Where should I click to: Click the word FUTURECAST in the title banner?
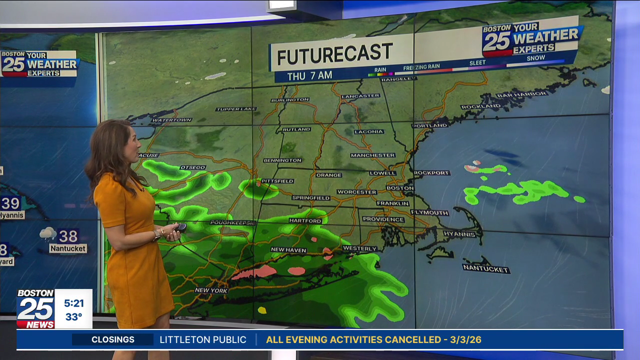pyautogui.click(x=335, y=54)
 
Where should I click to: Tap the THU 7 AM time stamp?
pyautogui.click(x=309, y=75)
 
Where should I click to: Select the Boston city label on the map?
pyautogui.click(x=400, y=188)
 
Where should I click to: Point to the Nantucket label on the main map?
pyautogui.click(x=486, y=269)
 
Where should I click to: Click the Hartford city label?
pyautogui.click(x=305, y=220)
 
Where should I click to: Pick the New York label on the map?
pyautogui.click(x=211, y=290)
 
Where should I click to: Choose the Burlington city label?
pyautogui.click(x=290, y=100)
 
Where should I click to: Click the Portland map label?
pyautogui.click(x=430, y=125)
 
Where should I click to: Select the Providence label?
pyautogui.click(x=383, y=219)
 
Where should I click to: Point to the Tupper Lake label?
pyautogui.click(x=236, y=109)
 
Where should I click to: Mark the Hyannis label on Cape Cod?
pyautogui.click(x=459, y=233)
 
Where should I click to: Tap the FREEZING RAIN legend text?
pyautogui.click(x=422, y=66)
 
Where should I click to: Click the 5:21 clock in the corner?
pyautogui.click(x=73, y=303)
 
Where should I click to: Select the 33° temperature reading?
pyautogui.click(x=73, y=317)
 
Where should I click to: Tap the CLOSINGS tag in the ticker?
pyautogui.click(x=113, y=339)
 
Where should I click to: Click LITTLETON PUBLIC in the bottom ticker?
pyautogui.click(x=203, y=339)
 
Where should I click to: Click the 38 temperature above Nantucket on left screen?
pyautogui.click(x=68, y=235)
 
